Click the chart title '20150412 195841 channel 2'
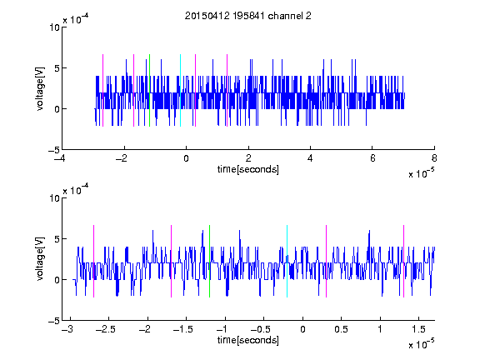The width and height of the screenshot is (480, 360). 248,16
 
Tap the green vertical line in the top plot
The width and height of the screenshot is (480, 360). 149,90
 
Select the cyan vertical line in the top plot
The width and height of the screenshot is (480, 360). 180,90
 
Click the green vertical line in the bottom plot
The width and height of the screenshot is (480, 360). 210,261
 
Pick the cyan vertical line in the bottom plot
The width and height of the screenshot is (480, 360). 287,261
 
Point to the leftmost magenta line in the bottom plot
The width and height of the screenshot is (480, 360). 93,261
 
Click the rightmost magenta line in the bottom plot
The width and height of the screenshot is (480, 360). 404,261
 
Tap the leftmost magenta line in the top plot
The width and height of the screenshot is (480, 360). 102,90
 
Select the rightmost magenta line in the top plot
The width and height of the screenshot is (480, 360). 227,90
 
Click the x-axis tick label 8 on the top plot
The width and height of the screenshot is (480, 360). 434,158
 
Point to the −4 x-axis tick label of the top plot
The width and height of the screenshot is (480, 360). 59,158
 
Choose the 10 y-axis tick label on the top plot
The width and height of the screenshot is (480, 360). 54,27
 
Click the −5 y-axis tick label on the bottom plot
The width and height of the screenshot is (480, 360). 54,321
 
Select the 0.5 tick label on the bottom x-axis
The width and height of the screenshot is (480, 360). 342,329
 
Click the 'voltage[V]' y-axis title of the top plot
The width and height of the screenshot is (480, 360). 40,89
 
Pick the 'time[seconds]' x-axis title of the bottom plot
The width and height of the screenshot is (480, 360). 248,340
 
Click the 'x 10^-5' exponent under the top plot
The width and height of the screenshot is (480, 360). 421,173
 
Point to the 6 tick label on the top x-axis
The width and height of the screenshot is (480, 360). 372,158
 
